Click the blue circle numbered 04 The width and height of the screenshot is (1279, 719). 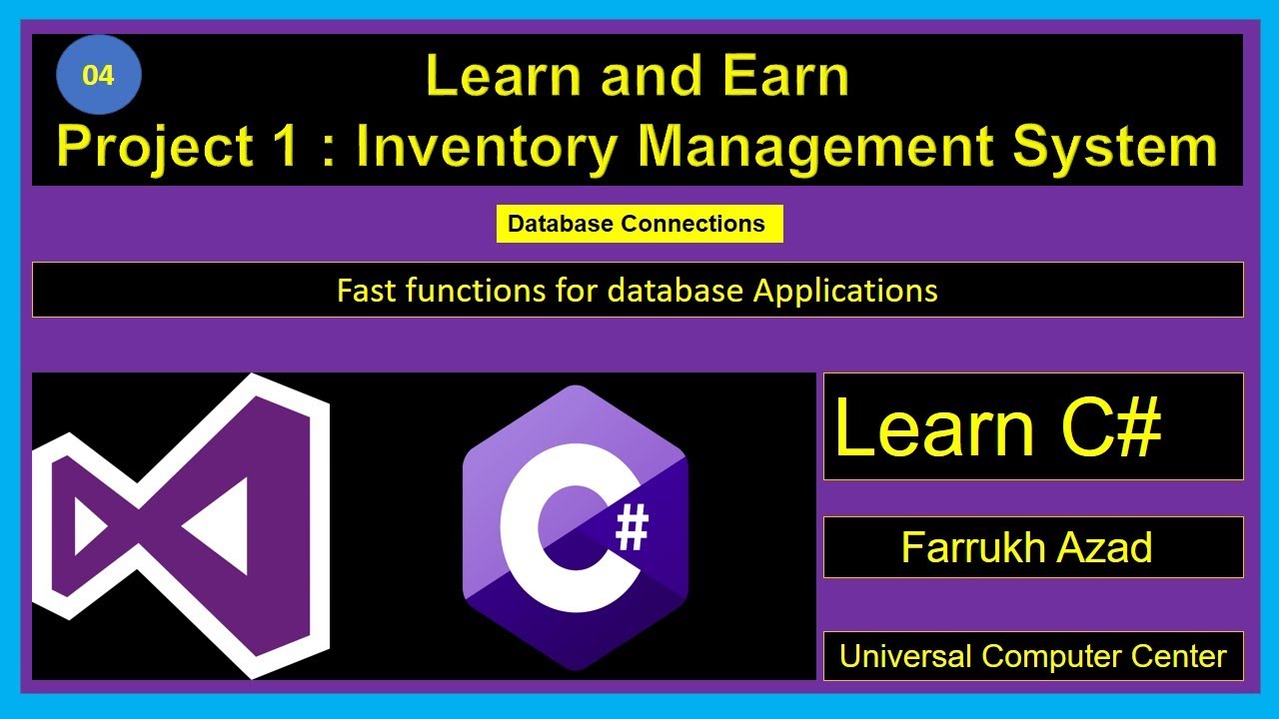[x=98, y=75]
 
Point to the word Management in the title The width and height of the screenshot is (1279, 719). [x=818, y=146]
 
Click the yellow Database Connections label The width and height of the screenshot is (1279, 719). [x=638, y=224]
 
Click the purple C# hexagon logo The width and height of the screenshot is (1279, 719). [x=574, y=527]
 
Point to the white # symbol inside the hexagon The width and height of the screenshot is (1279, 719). [x=632, y=530]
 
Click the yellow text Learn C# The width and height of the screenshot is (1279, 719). [x=997, y=427]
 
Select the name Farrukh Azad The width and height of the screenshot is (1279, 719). [x=1027, y=547]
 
